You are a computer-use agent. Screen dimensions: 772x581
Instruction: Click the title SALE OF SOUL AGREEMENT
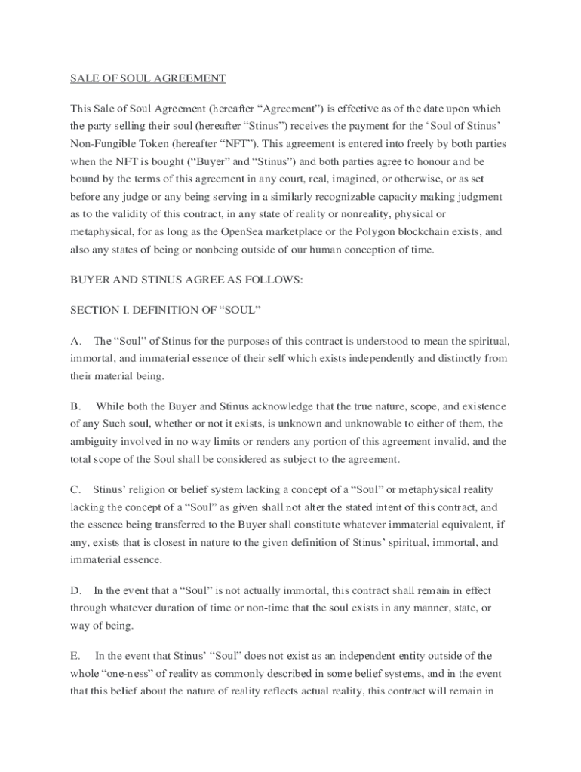pos(148,78)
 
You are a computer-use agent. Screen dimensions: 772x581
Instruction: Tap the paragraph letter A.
pos(75,341)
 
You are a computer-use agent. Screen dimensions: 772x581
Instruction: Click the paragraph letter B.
pos(75,407)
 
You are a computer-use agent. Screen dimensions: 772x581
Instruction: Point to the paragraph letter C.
pos(75,491)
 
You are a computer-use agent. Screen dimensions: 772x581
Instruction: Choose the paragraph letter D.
pos(75,590)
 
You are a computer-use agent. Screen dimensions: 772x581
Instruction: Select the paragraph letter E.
pos(75,656)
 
